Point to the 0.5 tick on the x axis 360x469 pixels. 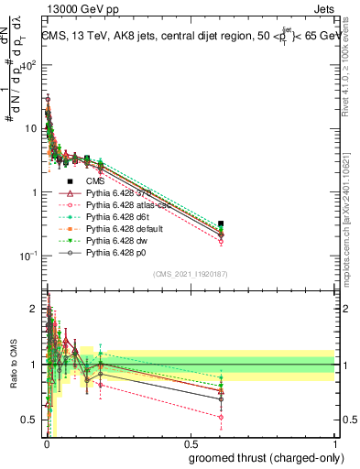[190, 443]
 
